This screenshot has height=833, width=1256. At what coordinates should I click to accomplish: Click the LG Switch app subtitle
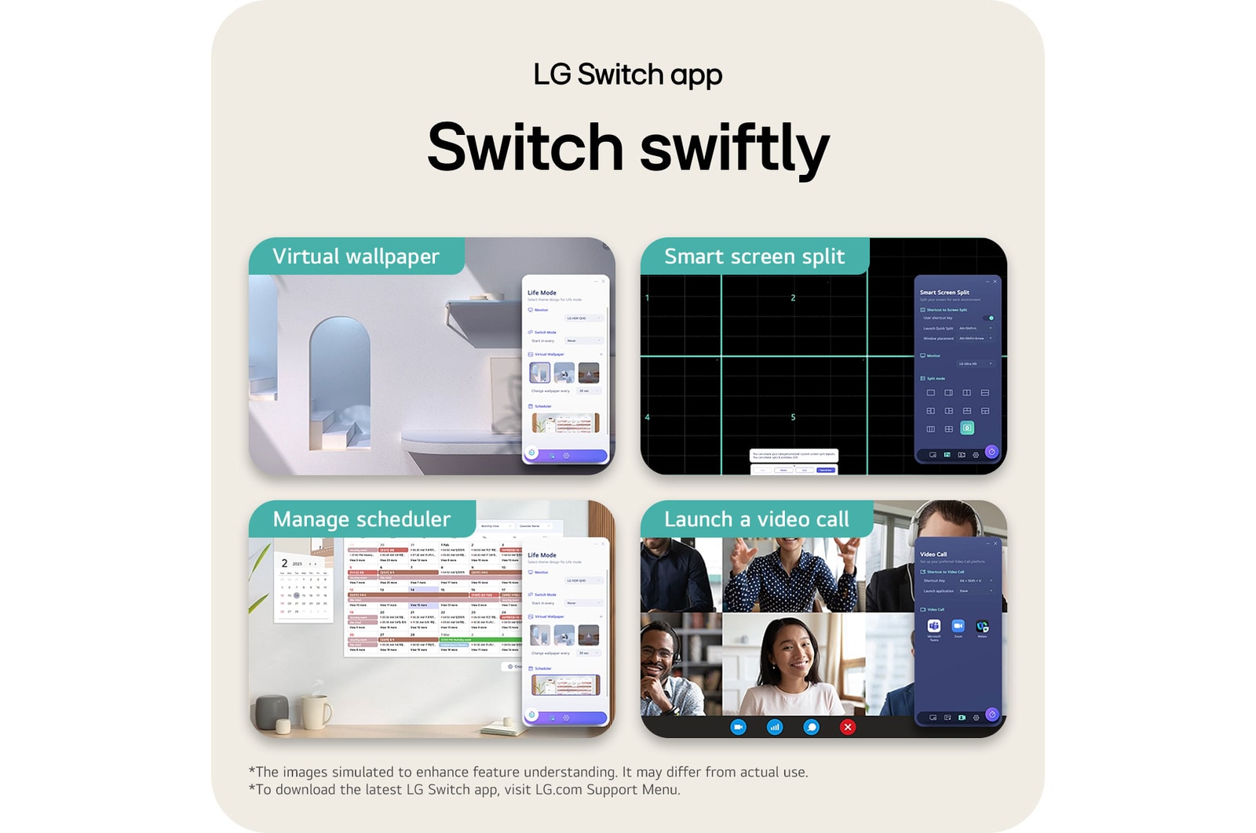click(x=627, y=75)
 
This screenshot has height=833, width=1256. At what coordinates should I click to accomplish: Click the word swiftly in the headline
click(x=735, y=148)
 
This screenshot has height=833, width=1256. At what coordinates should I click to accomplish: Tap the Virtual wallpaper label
click(x=356, y=256)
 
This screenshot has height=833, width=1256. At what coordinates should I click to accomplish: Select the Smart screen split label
click(x=754, y=256)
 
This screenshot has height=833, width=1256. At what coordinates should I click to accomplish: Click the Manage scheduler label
click(x=361, y=519)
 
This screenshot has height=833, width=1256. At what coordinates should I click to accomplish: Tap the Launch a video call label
click(x=756, y=519)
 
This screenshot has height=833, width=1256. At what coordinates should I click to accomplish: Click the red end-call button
click(x=847, y=727)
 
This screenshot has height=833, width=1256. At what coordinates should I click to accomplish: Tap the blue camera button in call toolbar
click(x=738, y=727)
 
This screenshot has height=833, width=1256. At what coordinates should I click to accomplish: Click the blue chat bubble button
click(x=811, y=727)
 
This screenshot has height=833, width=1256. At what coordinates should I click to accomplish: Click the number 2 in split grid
click(x=793, y=298)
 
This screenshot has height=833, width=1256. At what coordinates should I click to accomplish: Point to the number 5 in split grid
click(x=793, y=417)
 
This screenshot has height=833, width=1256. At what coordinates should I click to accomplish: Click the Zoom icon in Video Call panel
click(x=958, y=626)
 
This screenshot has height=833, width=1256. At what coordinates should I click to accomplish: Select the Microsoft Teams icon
click(x=933, y=626)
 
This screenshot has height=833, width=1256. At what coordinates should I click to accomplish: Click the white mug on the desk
click(x=316, y=711)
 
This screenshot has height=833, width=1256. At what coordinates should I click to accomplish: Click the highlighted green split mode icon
click(x=967, y=428)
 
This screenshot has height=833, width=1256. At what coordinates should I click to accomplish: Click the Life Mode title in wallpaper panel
click(x=542, y=293)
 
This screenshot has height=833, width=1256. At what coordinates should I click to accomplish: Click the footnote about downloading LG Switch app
click(x=465, y=790)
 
